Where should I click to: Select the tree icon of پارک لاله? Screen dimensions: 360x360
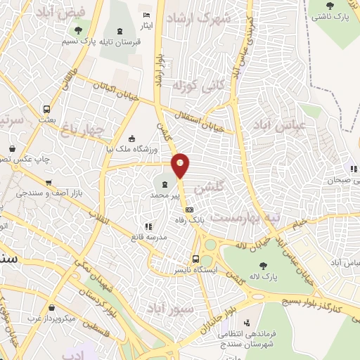click(x=264, y=265)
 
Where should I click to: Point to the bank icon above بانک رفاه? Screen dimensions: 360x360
click(x=188, y=210)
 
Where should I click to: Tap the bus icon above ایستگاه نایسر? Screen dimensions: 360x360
click(x=196, y=258)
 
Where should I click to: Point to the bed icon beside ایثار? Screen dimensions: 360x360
click(x=146, y=15)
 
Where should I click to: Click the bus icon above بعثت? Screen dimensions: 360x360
click(x=46, y=110)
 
